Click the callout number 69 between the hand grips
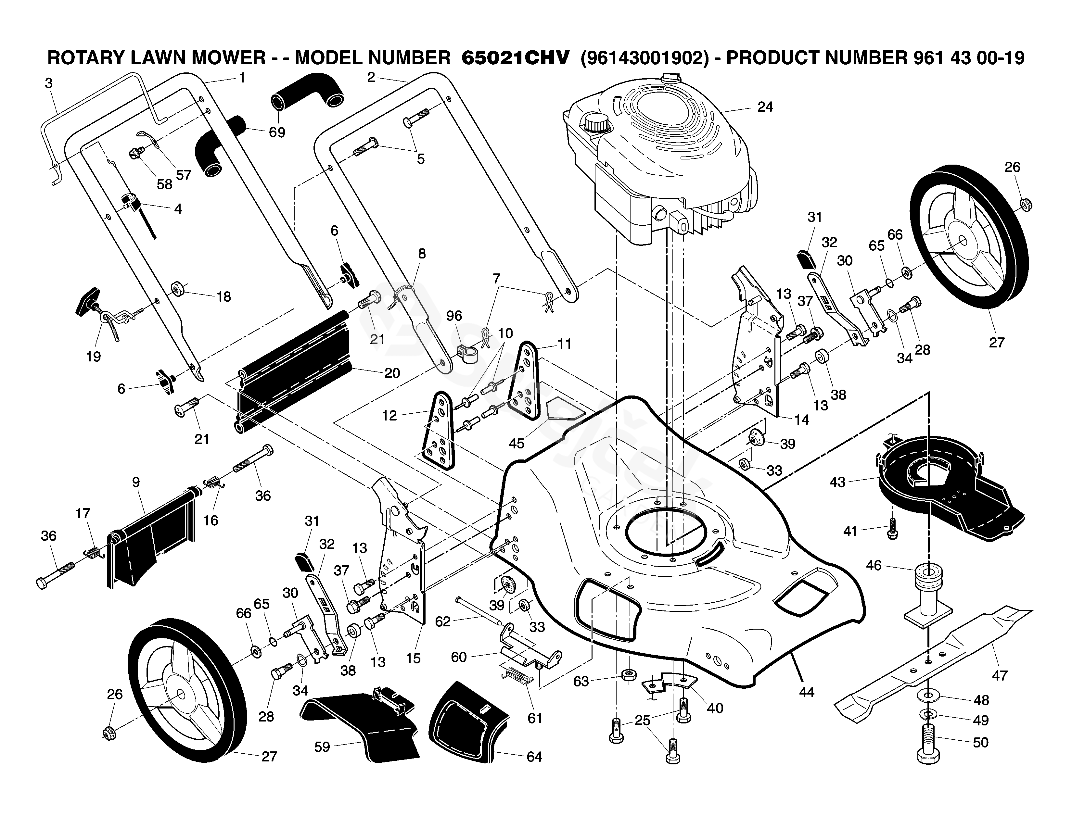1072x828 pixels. point(277,132)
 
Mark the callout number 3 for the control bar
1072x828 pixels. point(48,83)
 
